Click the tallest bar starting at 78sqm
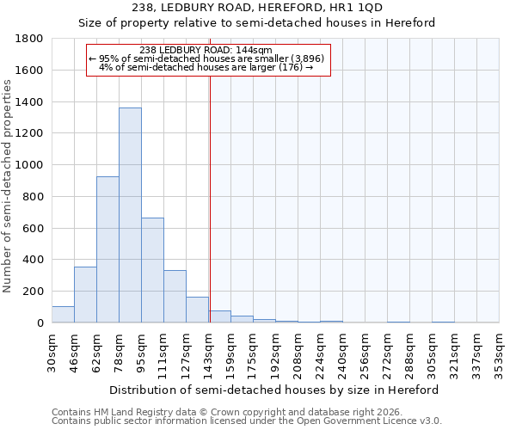(130, 215)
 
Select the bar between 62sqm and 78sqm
(107, 249)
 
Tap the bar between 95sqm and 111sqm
(152, 270)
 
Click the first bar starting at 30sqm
(63, 314)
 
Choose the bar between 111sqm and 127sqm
(175, 297)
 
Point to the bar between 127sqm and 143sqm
(197, 310)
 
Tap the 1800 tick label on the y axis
(29, 39)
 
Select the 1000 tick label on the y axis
(29, 165)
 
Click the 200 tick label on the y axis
(33, 292)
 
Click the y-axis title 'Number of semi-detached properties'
(8, 186)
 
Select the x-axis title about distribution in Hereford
(274, 390)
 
